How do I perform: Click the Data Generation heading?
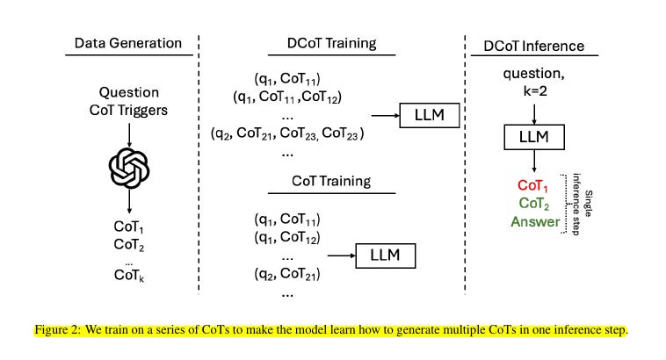[x=127, y=43]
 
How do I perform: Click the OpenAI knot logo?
[x=128, y=168]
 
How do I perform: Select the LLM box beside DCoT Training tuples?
[x=430, y=115]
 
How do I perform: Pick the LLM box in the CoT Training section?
[x=386, y=255]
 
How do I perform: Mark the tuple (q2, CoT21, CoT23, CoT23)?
[x=287, y=133]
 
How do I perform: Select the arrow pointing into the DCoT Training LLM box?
[x=384, y=115]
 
